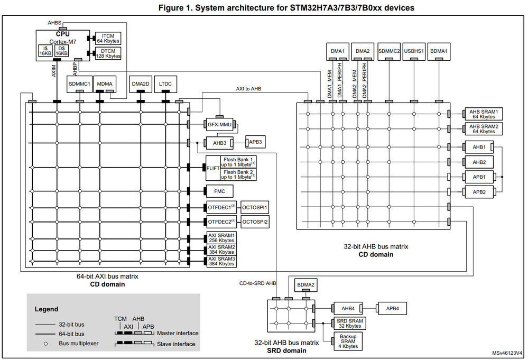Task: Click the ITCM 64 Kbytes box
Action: tap(108, 38)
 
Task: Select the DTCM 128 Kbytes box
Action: tap(108, 53)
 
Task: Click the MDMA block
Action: tap(106, 84)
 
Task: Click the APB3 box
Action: tap(254, 142)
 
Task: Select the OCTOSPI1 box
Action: tap(255, 207)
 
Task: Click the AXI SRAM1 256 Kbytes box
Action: tap(221, 237)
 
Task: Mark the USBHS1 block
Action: tap(414, 51)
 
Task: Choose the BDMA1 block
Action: tap(438, 51)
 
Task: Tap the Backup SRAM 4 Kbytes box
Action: tap(348, 341)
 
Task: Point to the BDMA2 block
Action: tap(305, 285)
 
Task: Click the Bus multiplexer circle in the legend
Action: tap(46, 344)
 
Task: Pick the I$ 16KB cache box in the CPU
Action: tap(45, 50)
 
